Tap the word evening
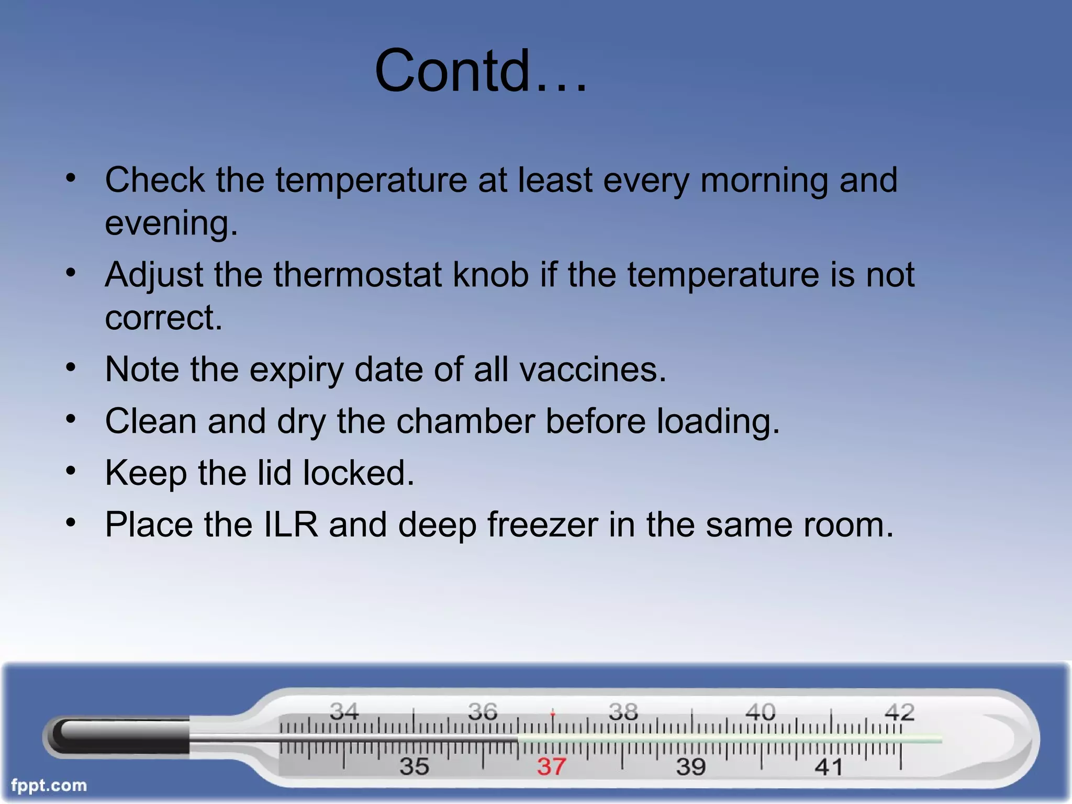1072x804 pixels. click(x=171, y=224)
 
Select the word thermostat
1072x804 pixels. click(x=357, y=275)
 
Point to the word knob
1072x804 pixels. click(x=490, y=275)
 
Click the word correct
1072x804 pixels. click(x=163, y=318)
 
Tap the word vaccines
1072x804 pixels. click(x=593, y=370)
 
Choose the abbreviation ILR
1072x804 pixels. click(x=291, y=524)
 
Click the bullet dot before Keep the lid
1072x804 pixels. click(x=71, y=471)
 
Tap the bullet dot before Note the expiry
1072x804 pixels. click(x=71, y=367)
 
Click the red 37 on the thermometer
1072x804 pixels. click(x=551, y=767)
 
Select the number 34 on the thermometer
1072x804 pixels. click(x=344, y=711)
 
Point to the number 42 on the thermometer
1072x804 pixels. click(x=899, y=712)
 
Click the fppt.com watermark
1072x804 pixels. click(x=49, y=785)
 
